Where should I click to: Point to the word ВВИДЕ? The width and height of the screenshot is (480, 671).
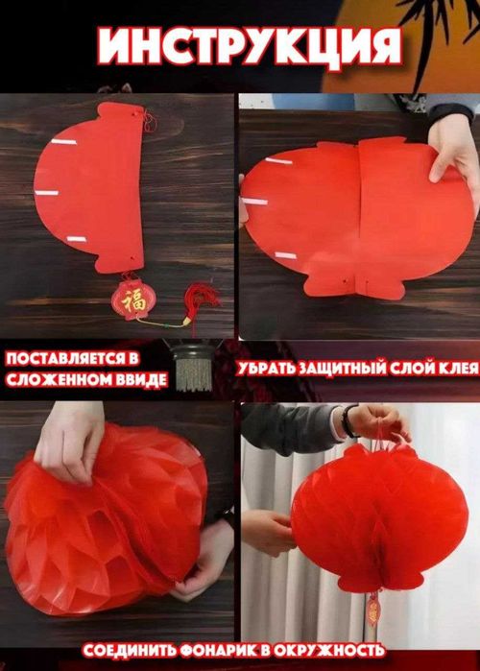pos(141,379)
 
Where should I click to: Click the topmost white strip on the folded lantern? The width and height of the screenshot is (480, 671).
pos(63,142)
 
